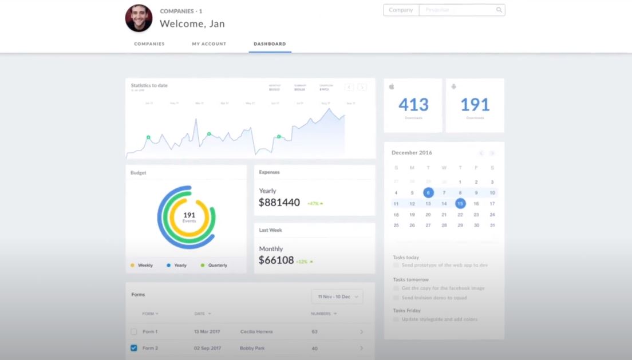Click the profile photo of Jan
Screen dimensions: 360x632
139,18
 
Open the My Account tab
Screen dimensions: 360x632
209,44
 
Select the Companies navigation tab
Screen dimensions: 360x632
149,44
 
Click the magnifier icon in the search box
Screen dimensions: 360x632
499,10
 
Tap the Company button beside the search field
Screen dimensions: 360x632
401,10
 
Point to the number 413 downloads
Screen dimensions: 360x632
413,105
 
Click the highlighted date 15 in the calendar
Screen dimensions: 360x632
460,203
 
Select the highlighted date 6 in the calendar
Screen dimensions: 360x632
428,193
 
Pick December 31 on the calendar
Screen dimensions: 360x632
492,226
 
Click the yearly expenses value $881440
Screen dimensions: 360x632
279,202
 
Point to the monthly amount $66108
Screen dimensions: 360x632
276,260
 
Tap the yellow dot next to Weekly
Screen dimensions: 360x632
133,266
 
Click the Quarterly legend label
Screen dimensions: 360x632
218,266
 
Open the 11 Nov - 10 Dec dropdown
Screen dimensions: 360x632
337,296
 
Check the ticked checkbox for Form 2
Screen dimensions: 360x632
134,348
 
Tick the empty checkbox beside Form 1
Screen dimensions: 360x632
134,331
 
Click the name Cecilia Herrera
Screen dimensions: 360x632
256,332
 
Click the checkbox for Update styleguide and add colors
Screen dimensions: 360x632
396,319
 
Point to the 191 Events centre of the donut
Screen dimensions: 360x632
189,216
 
